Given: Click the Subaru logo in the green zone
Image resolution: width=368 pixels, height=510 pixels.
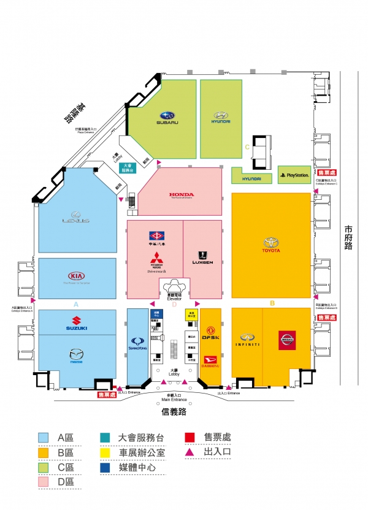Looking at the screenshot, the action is (167, 117).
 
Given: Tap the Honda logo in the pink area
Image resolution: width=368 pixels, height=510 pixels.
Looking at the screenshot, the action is (182, 196).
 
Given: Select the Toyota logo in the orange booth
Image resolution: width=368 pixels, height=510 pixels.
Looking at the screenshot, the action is (270, 245).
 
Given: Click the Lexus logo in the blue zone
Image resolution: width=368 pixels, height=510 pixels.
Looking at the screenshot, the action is (76, 218).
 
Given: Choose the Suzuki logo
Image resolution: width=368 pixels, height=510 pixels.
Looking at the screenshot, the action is (77, 322).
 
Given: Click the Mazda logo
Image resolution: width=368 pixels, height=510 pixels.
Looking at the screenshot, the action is (76, 356).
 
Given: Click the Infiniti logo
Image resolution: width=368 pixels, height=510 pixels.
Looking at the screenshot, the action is (247, 340).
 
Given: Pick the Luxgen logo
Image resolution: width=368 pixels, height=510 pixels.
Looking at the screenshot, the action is (202, 257).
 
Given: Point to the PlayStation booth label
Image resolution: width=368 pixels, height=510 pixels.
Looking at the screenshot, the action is (294, 175).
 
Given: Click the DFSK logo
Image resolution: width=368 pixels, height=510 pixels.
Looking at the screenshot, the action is (211, 338).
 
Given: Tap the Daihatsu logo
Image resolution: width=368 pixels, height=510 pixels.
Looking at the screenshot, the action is (210, 361).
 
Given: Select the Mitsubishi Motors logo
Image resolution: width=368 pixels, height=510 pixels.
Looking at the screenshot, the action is (157, 260).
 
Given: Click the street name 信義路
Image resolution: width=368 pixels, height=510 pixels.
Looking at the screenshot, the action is (175, 412).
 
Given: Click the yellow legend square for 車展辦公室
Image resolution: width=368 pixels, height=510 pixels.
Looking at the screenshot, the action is (105, 453).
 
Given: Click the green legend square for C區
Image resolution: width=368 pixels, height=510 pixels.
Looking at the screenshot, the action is (44, 468).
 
